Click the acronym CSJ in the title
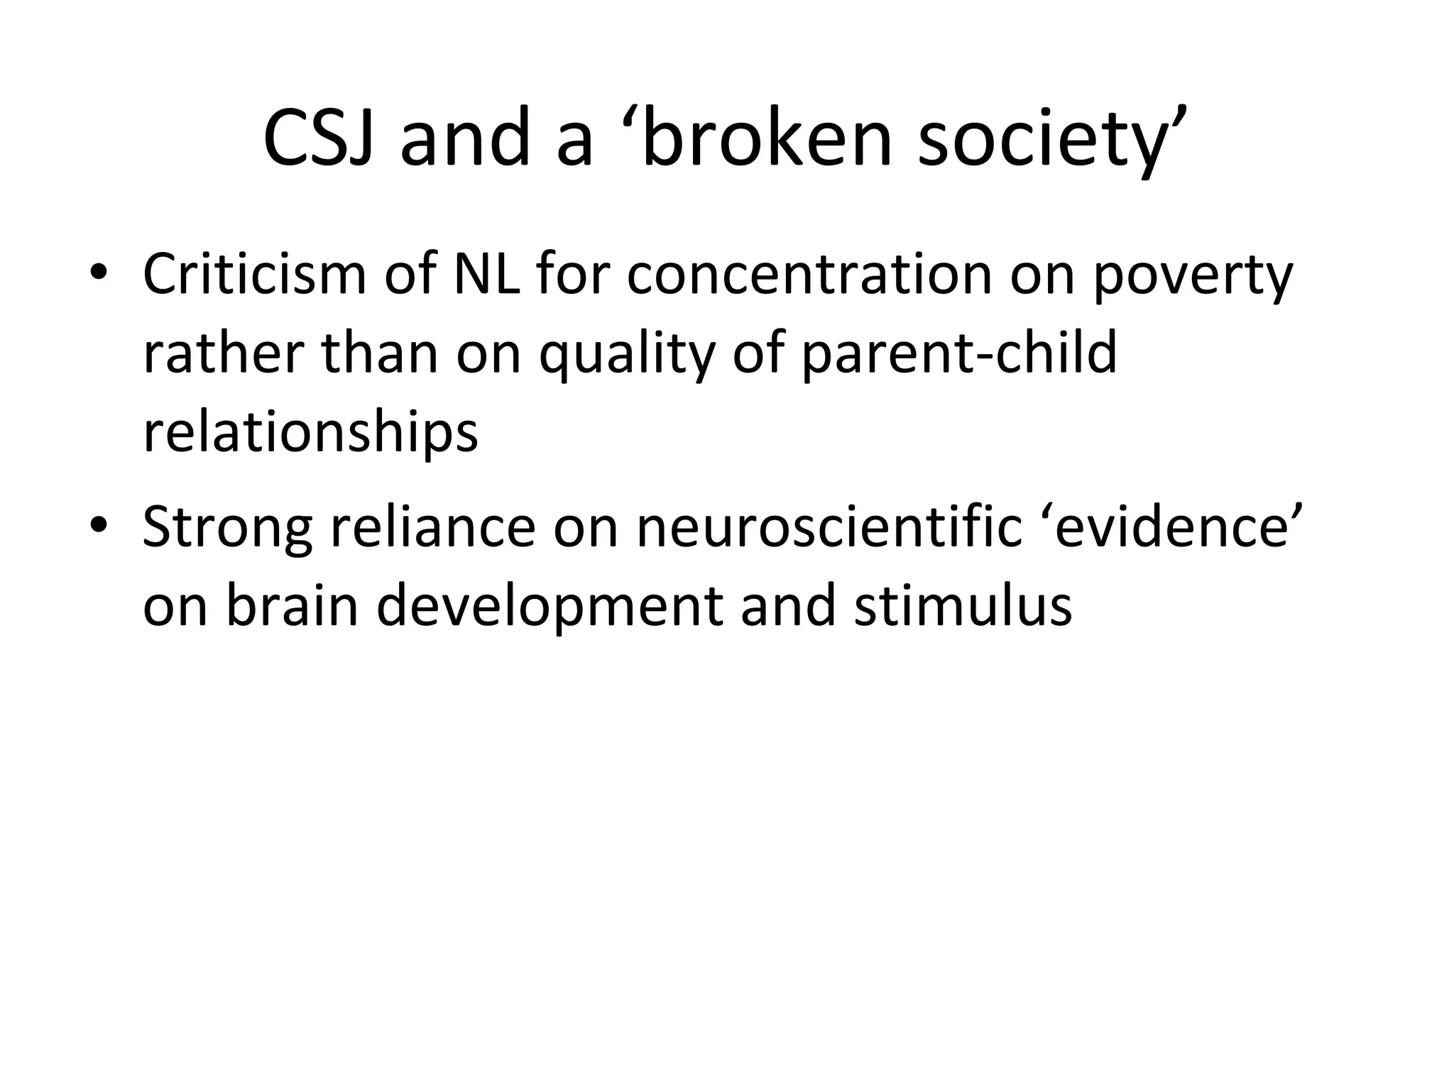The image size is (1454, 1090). pyautogui.click(x=317, y=138)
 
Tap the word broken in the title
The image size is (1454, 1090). pyautogui.click(x=767, y=138)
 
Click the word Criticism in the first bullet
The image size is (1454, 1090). pyautogui.click(x=254, y=274)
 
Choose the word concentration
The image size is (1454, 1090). pyautogui.click(x=809, y=274)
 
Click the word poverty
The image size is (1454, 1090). pyautogui.click(x=1193, y=277)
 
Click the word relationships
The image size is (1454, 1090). pyautogui.click(x=310, y=433)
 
